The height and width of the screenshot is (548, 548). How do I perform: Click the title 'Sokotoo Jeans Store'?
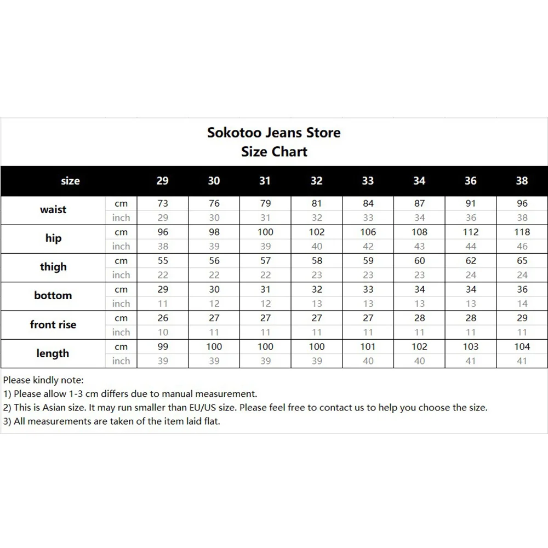click(x=273, y=133)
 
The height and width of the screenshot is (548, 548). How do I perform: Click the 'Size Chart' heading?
click(x=274, y=152)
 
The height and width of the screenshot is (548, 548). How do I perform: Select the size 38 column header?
click(x=522, y=181)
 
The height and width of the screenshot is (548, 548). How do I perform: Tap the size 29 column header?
click(x=163, y=181)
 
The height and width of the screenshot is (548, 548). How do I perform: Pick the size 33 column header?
click(x=368, y=181)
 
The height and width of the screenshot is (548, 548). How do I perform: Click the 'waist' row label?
click(x=53, y=210)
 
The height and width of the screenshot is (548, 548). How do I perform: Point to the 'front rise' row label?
click(x=53, y=324)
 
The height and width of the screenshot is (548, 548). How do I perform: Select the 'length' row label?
click(x=53, y=353)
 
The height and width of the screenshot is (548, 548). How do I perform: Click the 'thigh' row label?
click(x=53, y=267)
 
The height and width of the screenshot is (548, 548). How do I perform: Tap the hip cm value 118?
click(x=522, y=232)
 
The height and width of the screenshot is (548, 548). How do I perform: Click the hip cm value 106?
click(x=368, y=232)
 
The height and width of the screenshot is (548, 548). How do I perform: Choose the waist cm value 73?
click(x=163, y=203)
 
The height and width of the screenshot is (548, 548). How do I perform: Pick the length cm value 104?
click(x=522, y=346)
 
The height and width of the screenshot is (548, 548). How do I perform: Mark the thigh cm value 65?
click(x=522, y=261)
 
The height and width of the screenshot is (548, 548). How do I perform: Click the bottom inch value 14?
click(x=522, y=304)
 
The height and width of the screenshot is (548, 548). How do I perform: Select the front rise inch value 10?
click(x=163, y=332)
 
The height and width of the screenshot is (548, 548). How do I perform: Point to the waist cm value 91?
click(x=471, y=203)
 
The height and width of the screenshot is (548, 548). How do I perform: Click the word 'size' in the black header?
click(x=70, y=181)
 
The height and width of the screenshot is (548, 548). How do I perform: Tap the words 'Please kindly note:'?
click(x=43, y=380)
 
